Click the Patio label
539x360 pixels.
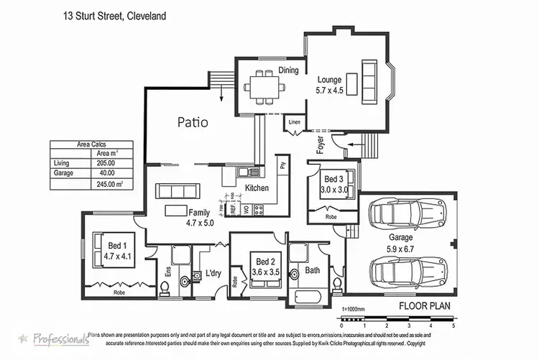point(193,122)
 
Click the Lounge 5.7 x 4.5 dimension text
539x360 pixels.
point(335,91)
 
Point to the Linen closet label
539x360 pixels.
point(295,122)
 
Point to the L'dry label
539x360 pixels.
point(213,273)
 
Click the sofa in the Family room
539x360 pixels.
point(175,190)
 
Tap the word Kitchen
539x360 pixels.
point(257,188)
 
